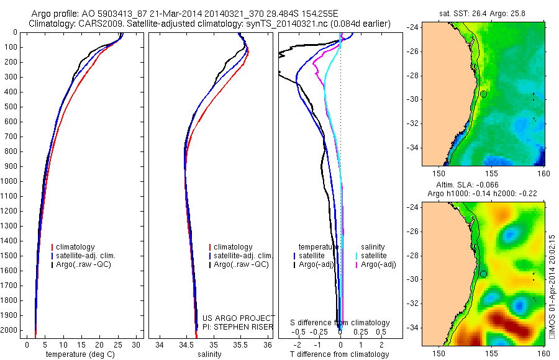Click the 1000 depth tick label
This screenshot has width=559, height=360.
pyautogui.click(x=10, y=181)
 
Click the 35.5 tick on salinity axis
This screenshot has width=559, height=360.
pyautogui.click(x=240, y=344)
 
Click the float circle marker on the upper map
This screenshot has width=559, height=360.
pyautogui.click(x=483, y=94)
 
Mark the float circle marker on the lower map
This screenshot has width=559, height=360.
pyautogui.click(x=483, y=274)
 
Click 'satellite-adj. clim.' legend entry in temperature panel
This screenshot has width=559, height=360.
pyautogui.click(x=86, y=256)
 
